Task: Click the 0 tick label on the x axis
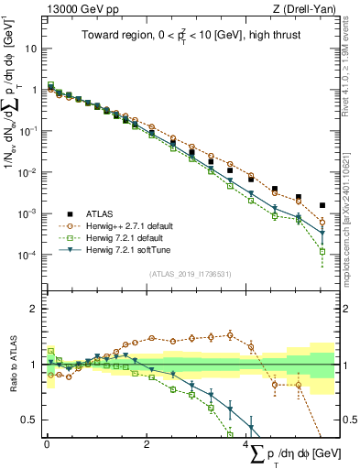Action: click(x=46, y=444)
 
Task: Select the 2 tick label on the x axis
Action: click(x=147, y=444)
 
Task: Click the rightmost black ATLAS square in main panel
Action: click(x=322, y=205)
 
